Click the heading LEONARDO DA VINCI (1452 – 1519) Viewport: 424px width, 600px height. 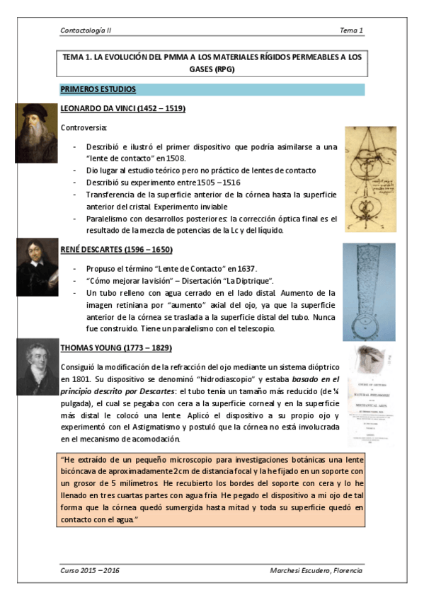123,109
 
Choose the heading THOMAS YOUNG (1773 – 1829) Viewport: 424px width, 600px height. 116,349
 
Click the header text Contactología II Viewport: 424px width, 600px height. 86,30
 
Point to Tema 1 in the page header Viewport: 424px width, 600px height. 351,30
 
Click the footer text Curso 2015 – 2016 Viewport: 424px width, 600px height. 91,570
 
